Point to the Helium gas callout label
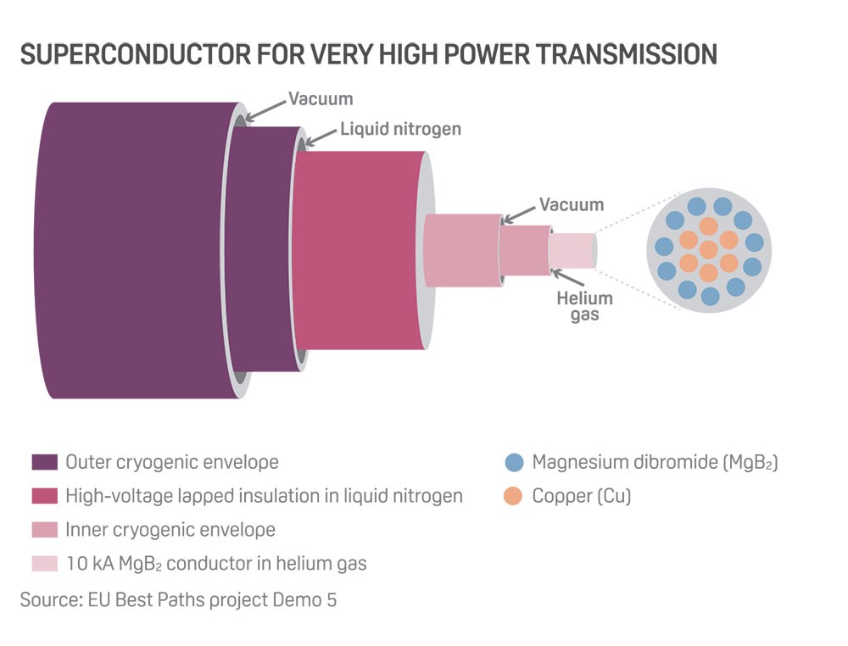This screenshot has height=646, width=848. click(x=584, y=306)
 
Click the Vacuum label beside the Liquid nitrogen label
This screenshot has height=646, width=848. click(x=320, y=98)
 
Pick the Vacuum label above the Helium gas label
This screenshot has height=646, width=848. click(x=572, y=204)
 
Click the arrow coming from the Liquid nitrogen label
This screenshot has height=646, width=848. click(x=321, y=134)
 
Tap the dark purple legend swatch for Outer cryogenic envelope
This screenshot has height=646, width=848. click(x=44, y=463)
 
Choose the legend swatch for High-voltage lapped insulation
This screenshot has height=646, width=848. click(x=44, y=496)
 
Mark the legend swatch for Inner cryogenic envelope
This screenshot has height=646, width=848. click(x=44, y=530)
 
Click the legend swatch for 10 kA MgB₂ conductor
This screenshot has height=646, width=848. click(x=44, y=563)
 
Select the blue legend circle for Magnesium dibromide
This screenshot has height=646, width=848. click(x=513, y=463)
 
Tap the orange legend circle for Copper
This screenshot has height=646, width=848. click(x=513, y=496)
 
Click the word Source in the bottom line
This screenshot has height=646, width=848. click(x=49, y=599)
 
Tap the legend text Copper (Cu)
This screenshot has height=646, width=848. click(x=582, y=496)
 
